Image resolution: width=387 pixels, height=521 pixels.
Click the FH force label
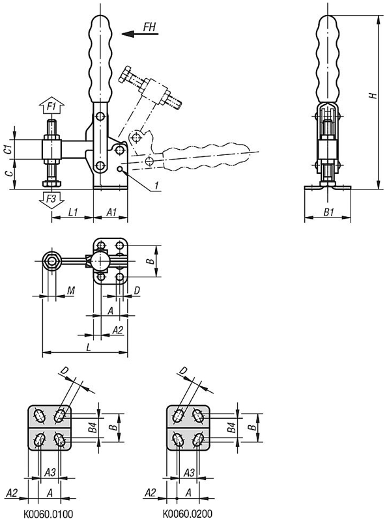pos(150,27)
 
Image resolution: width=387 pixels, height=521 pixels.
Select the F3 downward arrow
pos(51,200)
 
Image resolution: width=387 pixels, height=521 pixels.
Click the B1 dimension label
pos(328,212)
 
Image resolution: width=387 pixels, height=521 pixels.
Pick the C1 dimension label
pos(9,149)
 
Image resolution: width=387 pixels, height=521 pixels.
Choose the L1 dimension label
pos(72,212)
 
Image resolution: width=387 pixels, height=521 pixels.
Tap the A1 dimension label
pos(111,212)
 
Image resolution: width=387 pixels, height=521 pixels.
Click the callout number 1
pos(156,186)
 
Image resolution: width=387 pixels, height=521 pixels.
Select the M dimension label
pos(71,290)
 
